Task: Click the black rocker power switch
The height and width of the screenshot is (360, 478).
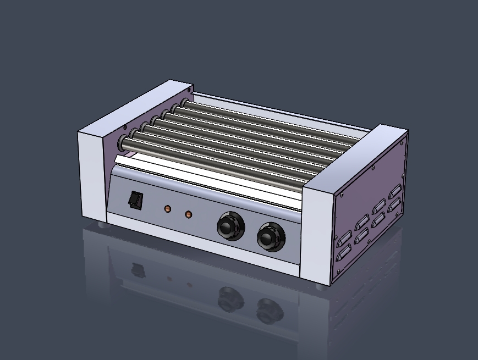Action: pos(136,200)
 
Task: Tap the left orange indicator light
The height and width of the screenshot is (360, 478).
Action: pos(168,209)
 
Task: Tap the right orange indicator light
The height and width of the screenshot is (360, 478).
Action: pos(189,214)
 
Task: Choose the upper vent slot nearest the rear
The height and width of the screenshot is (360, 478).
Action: pos(394,193)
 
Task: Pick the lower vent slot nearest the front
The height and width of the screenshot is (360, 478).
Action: pos(343,252)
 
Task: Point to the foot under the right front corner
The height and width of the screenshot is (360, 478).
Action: pos(321,286)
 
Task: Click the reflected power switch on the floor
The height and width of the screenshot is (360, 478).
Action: pos(135,270)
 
